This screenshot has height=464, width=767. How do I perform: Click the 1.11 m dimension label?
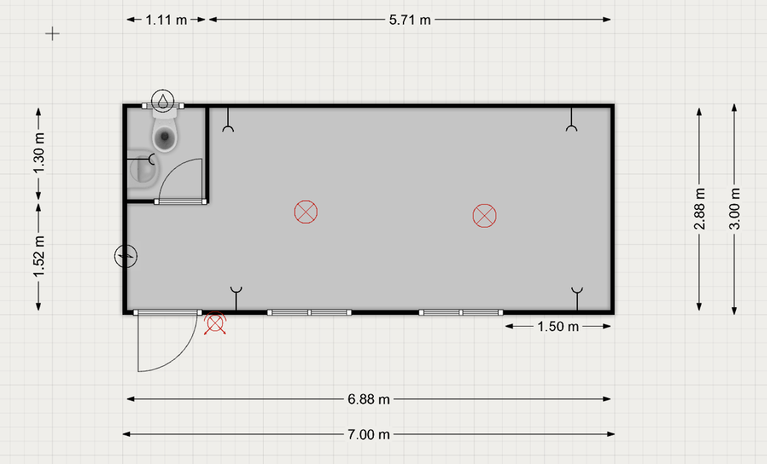tap(166, 20)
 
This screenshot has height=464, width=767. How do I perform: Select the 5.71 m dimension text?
tap(410, 20)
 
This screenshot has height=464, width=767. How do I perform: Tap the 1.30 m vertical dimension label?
tap(39, 153)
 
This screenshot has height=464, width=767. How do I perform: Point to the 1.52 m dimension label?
tap(39, 256)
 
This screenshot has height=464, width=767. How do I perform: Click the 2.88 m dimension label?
tap(700, 209)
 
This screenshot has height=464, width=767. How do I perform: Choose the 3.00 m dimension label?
tap(734, 209)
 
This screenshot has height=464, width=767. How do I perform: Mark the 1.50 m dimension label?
tap(558, 327)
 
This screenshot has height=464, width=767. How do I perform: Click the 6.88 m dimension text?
tap(369, 399)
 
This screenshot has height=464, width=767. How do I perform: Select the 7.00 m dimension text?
tap(369, 435)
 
